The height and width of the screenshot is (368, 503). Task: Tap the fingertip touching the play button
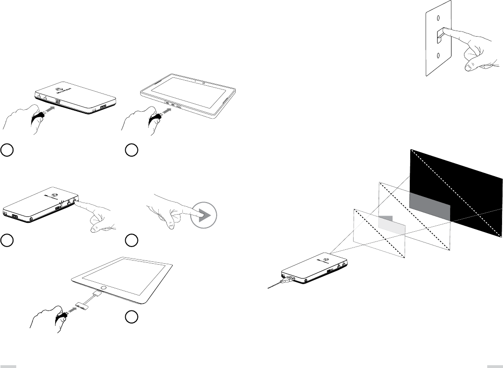click(195, 214)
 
